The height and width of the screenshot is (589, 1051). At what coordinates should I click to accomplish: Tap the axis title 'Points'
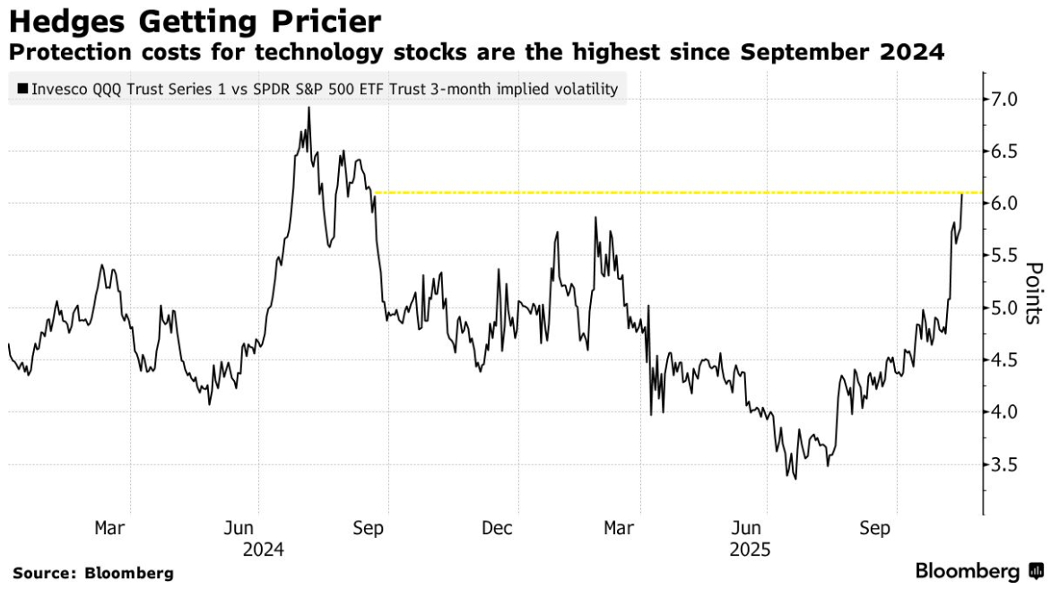1033,292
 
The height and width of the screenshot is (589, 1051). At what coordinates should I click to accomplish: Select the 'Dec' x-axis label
497,529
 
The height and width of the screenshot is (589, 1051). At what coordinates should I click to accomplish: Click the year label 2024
263,549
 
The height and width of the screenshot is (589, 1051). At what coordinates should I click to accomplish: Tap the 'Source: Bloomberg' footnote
92,573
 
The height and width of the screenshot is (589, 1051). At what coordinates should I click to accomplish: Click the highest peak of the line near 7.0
308,108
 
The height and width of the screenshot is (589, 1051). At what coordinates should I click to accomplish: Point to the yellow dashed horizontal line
673,193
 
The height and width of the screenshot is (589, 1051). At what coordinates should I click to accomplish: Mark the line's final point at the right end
962,194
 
